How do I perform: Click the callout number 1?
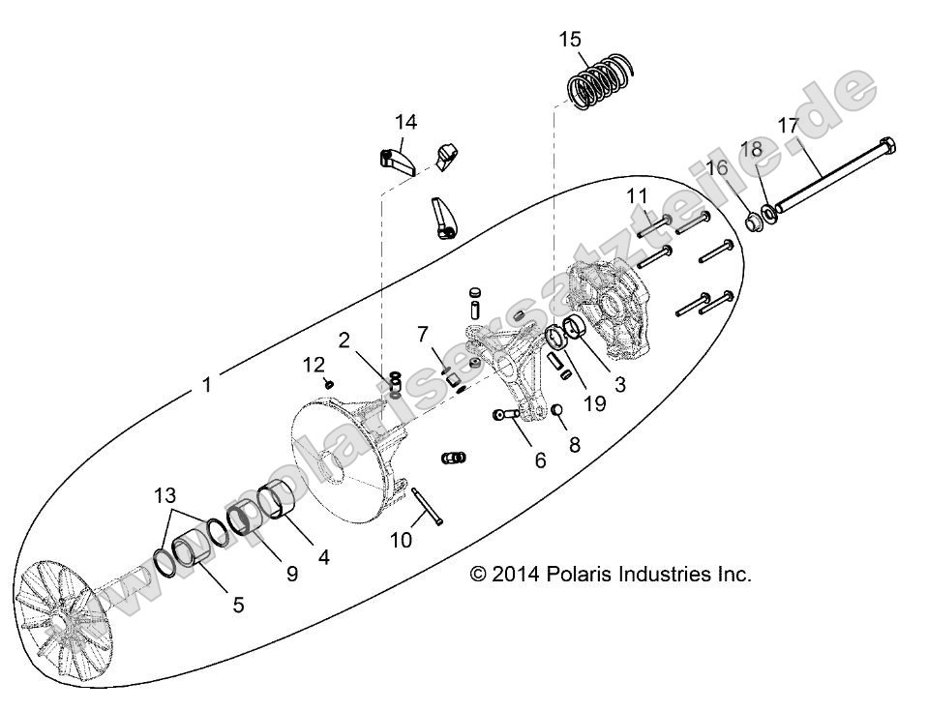[205, 384]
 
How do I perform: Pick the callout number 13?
[167, 496]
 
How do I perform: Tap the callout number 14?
[405, 123]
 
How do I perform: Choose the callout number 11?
[636, 196]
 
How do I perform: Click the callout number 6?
[540, 460]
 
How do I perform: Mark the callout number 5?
[237, 605]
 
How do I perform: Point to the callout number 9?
[291, 573]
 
